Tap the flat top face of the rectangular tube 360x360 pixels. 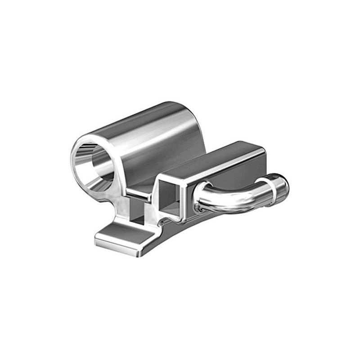tap(211, 160)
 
